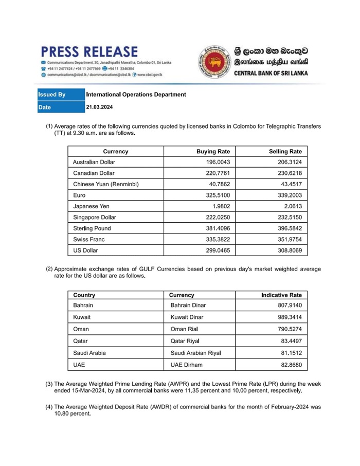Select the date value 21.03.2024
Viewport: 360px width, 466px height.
[x=99, y=107]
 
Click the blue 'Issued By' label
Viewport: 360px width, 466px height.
[x=52, y=95]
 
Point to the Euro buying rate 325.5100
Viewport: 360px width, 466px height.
[x=217, y=195]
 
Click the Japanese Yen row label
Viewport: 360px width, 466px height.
[x=91, y=206]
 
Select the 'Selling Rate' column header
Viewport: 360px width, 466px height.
[x=285, y=152]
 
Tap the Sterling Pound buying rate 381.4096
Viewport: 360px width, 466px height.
[x=217, y=228]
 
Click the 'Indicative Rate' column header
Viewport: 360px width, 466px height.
[x=282, y=295]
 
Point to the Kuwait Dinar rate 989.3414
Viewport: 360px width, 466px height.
[x=289, y=317]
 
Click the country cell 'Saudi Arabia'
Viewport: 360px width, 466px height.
[x=89, y=353]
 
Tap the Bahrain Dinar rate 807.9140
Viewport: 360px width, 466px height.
[x=289, y=306]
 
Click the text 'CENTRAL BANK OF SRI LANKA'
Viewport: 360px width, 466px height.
[x=271, y=73]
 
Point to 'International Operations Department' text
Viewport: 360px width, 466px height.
[x=136, y=95]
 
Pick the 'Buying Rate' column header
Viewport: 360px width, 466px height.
[x=213, y=152]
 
